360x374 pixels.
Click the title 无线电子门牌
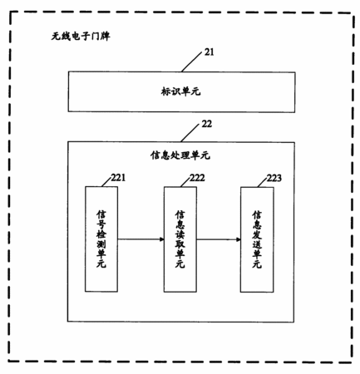(81, 37)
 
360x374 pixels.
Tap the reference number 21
(209, 52)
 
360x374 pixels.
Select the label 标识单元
(180, 91)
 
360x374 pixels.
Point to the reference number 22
(207, 124)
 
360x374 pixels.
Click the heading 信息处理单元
(180, 155)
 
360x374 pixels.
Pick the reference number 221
(118, 178)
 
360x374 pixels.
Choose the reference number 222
(197, 178)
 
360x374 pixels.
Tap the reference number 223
(274, 178)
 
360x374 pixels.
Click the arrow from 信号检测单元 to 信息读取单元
(141, 239)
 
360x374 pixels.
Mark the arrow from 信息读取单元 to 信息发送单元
(219, 239)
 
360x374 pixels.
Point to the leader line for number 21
(191, 62)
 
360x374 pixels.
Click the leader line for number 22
(190, 133)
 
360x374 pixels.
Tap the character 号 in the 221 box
(101, 224)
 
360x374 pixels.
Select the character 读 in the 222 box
(180, 234)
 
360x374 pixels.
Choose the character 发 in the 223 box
(257, 234)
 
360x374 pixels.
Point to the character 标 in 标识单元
(165, 91)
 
